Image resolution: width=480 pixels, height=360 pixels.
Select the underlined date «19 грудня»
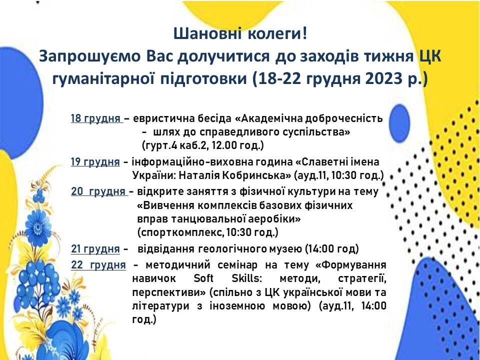pos(95,161)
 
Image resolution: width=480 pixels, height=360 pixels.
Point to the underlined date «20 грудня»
pos(98,191)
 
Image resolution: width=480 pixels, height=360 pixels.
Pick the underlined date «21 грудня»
pos(95,249)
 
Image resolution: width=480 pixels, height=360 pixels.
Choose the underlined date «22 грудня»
pos(98,265)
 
